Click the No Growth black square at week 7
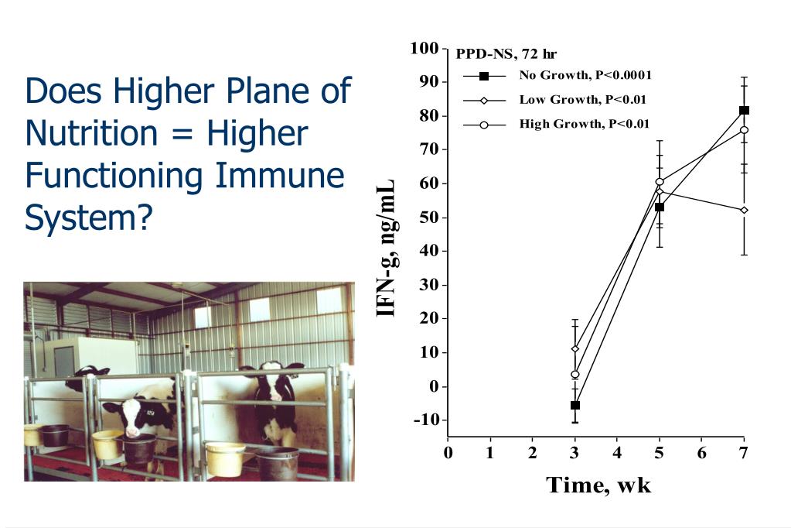click(744, 110)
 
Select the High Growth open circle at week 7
click(744, 130)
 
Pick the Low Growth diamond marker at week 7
click(744, 210)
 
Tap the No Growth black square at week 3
click(574, 405)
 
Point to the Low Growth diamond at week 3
click(574, 348)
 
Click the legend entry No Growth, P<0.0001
click(585, 75)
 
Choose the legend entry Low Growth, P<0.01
click(582, 99)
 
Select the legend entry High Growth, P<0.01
click(584, 124)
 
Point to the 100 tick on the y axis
click(424, 49)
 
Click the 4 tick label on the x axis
click(617, 453)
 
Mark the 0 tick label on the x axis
click(448, 453)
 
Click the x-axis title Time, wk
click(598, 485)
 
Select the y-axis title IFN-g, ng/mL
click(387, 248)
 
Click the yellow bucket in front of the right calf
click(226, 458)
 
